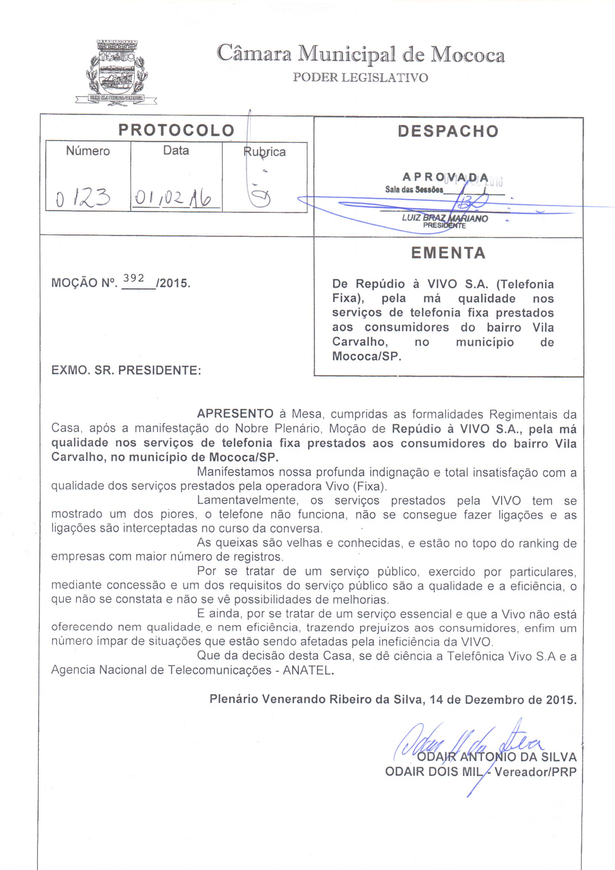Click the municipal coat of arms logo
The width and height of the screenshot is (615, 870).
point(116,72)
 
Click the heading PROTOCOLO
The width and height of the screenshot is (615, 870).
point(176,130)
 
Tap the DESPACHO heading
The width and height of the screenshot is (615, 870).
point(448,131)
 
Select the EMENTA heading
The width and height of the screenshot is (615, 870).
point(448,253)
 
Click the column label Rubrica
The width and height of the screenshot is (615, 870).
point(264,151)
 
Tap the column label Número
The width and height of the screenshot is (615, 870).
point(87,151)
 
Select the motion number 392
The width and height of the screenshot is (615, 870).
point(134,278)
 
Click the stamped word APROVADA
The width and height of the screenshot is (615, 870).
point(445,177)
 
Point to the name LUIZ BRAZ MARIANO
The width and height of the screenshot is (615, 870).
point(445,218)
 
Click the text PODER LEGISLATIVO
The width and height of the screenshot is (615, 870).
point(361,77)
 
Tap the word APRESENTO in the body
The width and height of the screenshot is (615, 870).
point(235,413)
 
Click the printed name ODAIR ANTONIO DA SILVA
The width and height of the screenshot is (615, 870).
point(496,757)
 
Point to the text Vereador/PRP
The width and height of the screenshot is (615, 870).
point(535,771)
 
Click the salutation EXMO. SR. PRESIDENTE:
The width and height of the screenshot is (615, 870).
point(126,370)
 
